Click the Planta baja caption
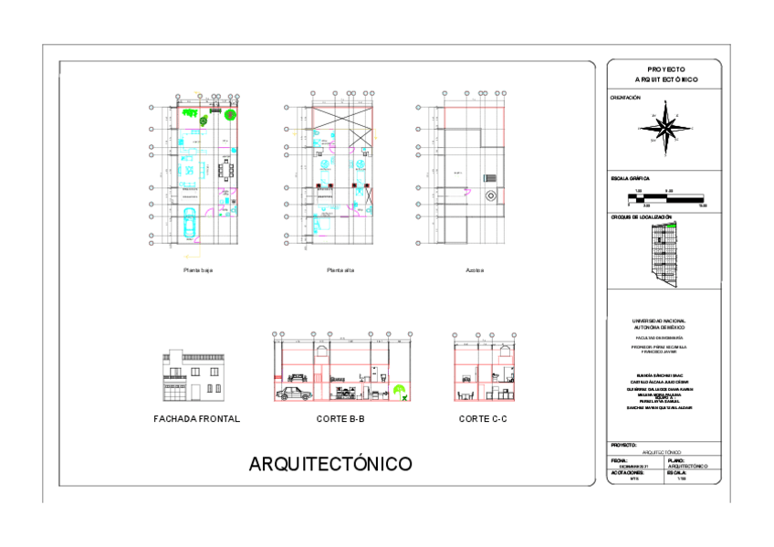(x=198, y=270)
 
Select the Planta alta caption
(x=340, y=270)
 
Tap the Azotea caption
(x=475, y=270)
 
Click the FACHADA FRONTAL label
(x=197, y=419)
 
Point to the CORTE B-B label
(x=341, y=419)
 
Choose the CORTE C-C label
(x=483, y=419)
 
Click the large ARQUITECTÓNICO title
(x=330, y=465)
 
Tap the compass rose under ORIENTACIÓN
(x=668, y=129)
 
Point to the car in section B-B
(x=293, y=394)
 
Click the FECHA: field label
(x=619, y=460)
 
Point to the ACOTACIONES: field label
(x=627, y=473)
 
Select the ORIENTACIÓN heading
(x=625, y=98)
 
